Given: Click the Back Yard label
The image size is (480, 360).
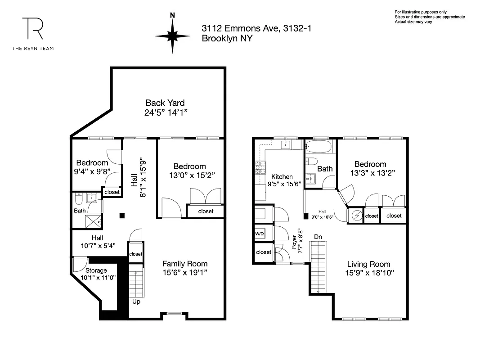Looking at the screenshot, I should click(165, 103).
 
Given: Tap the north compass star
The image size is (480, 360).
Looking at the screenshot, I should click(172, 36).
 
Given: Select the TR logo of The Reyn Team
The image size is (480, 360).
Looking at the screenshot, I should click(33, 29).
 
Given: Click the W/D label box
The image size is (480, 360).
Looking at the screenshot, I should click(260, 234).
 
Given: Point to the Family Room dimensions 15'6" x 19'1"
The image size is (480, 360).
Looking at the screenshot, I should click(185, 272).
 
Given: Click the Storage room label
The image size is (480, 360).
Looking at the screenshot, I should click(96, 270).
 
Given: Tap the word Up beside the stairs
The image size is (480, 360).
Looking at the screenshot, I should click(136, 301).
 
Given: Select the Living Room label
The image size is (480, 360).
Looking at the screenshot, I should click(368, 264).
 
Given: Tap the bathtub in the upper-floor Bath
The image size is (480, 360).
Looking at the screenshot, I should click(319, 146).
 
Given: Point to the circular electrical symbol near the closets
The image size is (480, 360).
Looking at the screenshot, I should click(356, 216).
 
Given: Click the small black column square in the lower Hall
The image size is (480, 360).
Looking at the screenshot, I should click(122, 216).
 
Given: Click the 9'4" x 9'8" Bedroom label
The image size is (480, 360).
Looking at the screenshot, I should click(92, 167).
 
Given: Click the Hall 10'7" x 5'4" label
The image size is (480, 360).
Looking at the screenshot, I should click(97, 242).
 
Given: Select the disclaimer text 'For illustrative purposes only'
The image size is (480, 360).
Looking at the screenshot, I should click(421, 12).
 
